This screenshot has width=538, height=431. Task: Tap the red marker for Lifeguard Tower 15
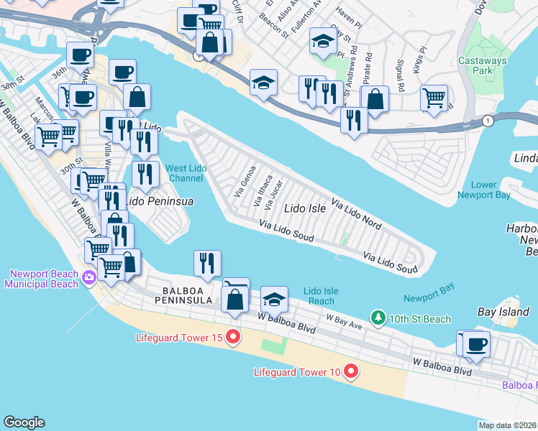[232, 336]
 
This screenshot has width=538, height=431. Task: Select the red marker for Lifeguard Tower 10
[351, 371]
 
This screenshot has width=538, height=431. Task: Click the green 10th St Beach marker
[376, 318]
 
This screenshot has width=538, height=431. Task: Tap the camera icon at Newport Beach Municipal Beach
[89, 277]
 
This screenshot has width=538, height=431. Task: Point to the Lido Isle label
[305, 208]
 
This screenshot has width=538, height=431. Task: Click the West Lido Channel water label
[185, 173]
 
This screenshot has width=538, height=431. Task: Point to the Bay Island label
[502, 312]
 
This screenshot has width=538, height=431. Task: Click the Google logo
[24, 422]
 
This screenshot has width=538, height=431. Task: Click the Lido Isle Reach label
[321, 296]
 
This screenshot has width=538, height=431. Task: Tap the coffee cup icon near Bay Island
[476, 343]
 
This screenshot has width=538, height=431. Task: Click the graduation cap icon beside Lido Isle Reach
[274, 298]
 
